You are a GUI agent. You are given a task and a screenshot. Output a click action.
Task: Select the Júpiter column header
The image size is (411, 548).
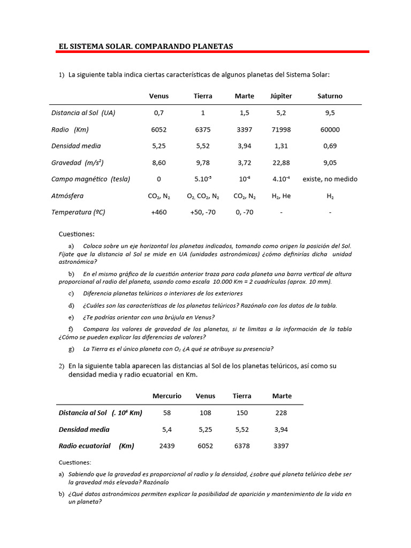coord(281,96)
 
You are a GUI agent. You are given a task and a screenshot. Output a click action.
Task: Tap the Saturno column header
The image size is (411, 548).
coord(330,96)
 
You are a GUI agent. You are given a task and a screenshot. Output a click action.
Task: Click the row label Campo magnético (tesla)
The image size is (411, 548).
coord(90,179)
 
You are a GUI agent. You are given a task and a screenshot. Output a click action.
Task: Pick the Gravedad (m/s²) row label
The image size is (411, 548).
coord(77,163)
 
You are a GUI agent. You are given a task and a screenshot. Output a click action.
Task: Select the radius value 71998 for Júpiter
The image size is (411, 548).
coord(281,130)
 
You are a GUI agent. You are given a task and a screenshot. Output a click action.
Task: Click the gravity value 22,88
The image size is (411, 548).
coord(281,163)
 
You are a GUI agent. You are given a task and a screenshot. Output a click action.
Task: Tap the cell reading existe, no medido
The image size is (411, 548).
coord(330,179)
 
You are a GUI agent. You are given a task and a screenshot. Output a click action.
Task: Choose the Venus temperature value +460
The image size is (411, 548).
coord(158,212)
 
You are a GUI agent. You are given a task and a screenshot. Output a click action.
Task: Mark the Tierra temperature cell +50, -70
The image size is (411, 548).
coord(203,212)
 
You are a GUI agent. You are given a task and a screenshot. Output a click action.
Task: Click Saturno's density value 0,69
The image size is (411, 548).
coord(330,146)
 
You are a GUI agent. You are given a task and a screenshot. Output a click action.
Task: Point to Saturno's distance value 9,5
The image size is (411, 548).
coord(330,113)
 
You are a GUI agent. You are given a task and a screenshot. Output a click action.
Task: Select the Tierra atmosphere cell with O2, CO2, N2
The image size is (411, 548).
coord(203,196)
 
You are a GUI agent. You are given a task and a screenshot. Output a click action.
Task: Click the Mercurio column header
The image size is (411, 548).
coord(167,396)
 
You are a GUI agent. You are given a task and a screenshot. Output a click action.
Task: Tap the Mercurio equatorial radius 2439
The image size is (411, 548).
coord(167,446)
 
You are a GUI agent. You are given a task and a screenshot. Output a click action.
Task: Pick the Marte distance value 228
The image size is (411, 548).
coord(281,413)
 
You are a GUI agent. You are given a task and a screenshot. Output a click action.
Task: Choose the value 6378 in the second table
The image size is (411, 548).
coord(242,446)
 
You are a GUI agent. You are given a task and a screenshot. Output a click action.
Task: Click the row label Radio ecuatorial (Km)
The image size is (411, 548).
coord(96,446)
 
